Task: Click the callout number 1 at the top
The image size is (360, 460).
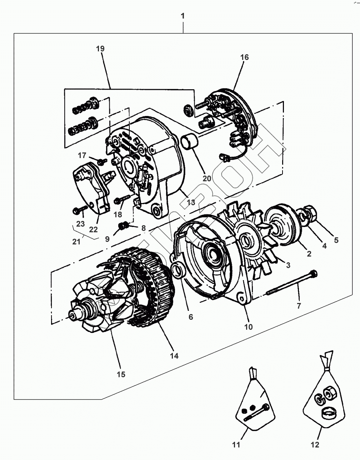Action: pos(183,16)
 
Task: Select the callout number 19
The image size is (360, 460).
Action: pos(100,49)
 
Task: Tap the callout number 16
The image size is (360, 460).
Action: pos(244,57)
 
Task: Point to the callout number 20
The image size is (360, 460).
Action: pos(207,178)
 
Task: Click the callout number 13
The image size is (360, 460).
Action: pos(191,203)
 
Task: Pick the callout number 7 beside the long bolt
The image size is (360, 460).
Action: pos(299,305)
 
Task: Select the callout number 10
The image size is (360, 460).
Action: pos(248,327)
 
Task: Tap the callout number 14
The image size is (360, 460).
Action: pos(174,356)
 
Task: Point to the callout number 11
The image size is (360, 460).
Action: pos(236,445)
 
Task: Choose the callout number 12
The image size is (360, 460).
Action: pos(315,445)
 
